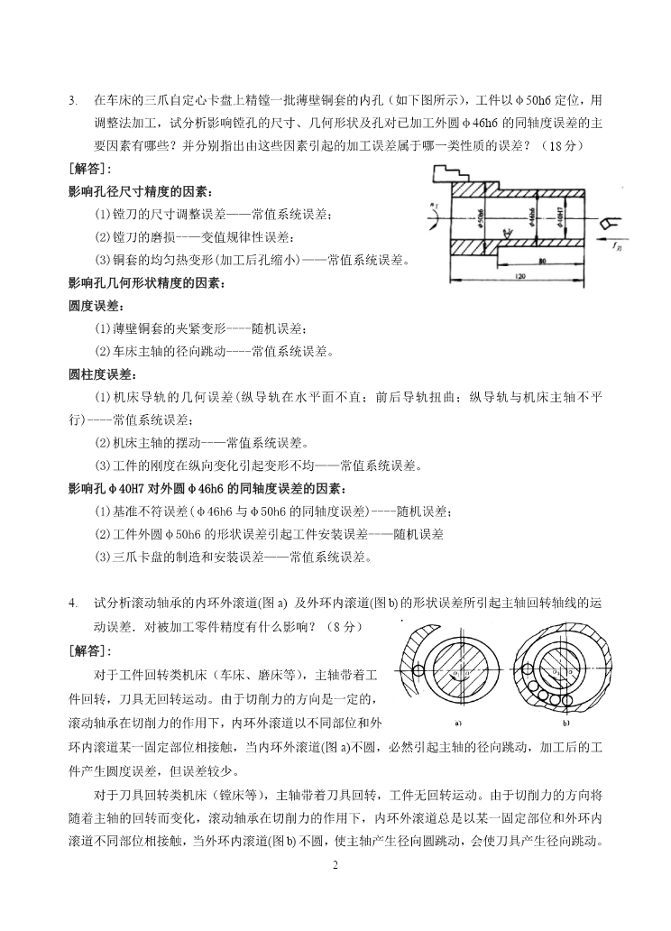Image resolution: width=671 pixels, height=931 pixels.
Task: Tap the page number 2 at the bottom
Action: tap(335, 867)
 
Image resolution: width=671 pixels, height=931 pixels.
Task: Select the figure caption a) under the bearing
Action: tap(457, 723)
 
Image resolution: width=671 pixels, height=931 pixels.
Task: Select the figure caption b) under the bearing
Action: tap(567, 723)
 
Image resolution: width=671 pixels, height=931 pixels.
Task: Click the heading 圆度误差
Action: tap(95, 306)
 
